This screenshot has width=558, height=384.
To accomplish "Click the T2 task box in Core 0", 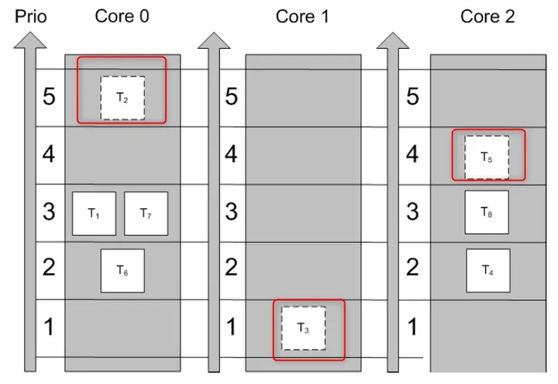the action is (122, 98).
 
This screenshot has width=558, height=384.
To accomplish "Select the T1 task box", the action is (94, 214).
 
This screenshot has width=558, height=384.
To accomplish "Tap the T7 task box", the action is (146, 214).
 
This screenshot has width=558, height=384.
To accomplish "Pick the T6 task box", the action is (122, 270).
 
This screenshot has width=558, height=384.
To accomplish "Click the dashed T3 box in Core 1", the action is (303, 327).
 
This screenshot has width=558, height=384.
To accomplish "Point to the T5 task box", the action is (487, 157).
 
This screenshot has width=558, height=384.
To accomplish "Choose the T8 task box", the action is (487, 212).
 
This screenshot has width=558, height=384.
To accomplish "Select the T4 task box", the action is (488, 270).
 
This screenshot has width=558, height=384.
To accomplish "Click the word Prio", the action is (30, 17).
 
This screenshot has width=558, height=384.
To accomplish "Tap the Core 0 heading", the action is (122, 16).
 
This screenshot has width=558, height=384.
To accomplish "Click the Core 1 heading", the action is (302, 17).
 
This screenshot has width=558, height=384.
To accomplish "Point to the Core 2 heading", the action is (487, 16).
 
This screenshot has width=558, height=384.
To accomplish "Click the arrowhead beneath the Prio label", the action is (30, 40).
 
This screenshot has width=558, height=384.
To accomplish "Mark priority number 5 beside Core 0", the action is (49, 96).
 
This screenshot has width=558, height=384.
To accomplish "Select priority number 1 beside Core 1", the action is (231, 327).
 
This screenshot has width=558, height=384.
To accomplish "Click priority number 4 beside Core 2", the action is (412, 154).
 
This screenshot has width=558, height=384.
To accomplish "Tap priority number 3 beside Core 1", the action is (231, 211).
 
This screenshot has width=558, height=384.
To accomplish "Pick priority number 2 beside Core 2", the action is (412, 267).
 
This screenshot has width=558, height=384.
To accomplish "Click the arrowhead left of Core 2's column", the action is (393, 40).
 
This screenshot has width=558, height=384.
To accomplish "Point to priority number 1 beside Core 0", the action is (49, 327).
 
